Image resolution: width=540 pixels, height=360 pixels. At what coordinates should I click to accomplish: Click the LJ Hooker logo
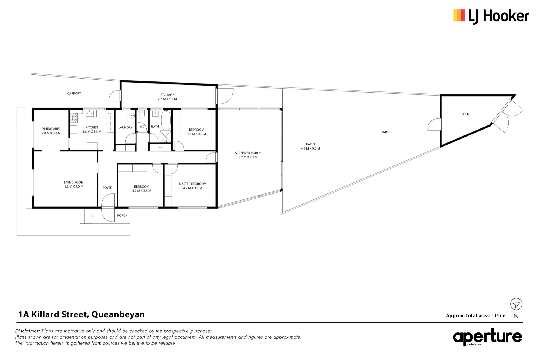coord(491,16)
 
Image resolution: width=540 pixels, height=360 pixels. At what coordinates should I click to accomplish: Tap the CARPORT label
coord(74,94)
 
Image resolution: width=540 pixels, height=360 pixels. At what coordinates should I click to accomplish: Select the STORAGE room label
coord(167,95)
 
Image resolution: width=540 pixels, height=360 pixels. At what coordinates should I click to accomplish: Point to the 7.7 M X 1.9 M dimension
coord(167,99)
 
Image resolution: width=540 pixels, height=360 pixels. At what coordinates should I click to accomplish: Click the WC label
coord(142,126)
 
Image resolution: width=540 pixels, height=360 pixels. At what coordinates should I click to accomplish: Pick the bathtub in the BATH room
coord(166,120)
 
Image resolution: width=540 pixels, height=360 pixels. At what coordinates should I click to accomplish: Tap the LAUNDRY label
coord(126,127)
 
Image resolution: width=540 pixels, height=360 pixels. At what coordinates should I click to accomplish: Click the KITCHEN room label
coord(92,127)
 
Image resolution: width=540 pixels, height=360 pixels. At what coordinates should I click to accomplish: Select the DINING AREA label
coord(51,129)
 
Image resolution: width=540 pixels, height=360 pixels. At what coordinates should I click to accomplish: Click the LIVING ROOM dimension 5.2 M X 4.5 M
coord(74,186)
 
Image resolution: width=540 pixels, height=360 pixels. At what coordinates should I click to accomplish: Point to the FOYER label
coord(107,188)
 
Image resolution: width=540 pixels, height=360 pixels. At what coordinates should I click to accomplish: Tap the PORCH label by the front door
coord(122,215)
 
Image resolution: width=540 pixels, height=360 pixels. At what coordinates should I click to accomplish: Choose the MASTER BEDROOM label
coord(193,184)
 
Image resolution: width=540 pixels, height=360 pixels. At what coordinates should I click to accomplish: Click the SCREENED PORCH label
coord(248,153)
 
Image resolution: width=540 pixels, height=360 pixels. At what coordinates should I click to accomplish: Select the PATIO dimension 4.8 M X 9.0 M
coord(310,148)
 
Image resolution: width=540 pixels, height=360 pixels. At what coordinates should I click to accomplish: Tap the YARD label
coord(385,132)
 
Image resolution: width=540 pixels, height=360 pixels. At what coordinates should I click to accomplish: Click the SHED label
coord(465,114)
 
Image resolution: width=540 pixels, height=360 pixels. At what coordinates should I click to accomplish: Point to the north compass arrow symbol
coord(516,304)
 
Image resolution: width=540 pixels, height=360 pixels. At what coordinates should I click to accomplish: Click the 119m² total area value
coord(498,315)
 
